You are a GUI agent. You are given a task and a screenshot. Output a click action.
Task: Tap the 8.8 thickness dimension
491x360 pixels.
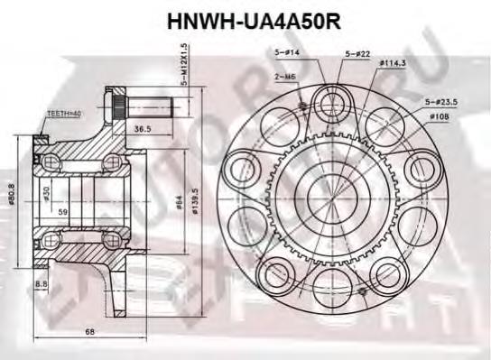coord(42,285)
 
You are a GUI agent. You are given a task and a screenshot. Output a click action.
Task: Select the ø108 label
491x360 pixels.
coord(440,117)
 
